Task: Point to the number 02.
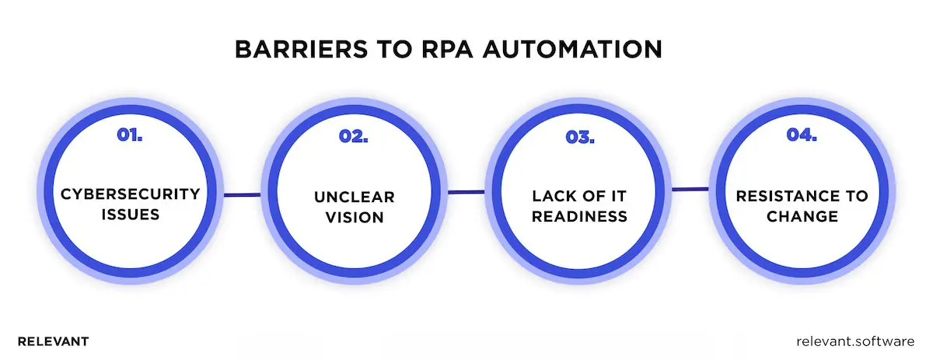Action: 354,136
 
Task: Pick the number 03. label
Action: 579,136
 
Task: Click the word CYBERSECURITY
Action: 131,193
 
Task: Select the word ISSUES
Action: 131,213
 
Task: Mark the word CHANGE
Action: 802,215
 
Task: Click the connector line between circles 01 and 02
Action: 242,195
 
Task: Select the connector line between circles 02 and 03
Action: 466,192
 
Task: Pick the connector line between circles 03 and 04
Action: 690,188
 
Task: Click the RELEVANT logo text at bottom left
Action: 53,341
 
